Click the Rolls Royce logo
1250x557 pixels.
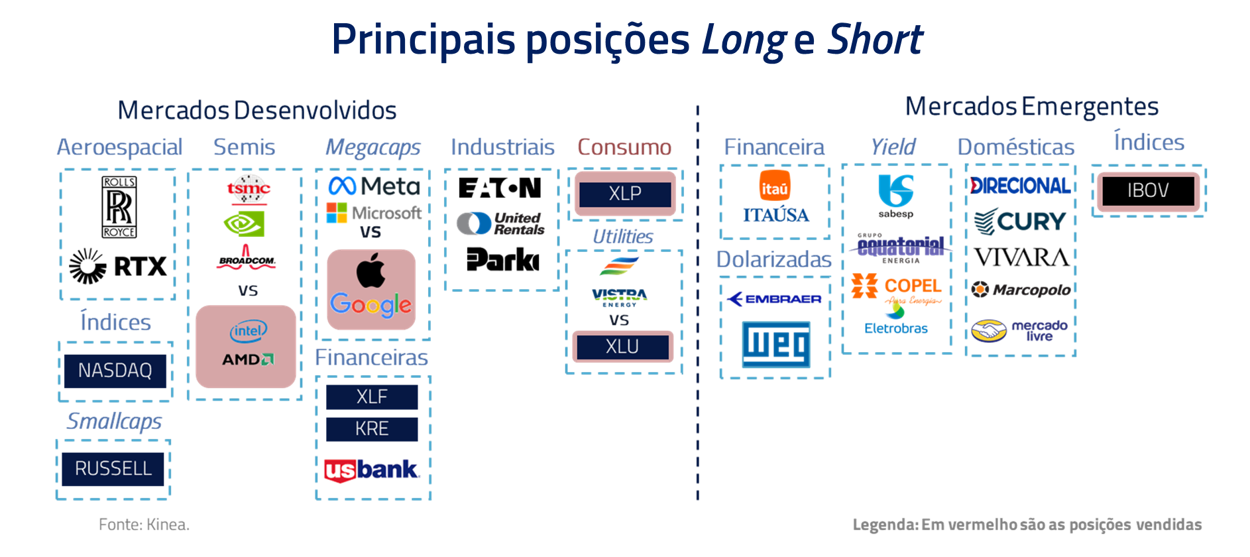[x=119, y=207]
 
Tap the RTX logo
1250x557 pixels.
[x=118, y=267]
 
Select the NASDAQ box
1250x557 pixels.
[x=115, y=371]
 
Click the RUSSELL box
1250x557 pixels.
[x=113, y=469]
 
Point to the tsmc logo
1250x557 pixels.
[x=249, y=190]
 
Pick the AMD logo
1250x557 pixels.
[x=248, y=359]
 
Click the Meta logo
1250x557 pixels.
[x=374, y=186]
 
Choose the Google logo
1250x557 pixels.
[x=371, y=305]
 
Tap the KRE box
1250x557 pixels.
[x=372, y=429]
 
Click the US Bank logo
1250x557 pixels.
[x=372, y=470]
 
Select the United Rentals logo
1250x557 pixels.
[x=501, y=223]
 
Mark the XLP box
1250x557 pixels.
[x=625, y=194]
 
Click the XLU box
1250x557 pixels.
[x=622, y=347]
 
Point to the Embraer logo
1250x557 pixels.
[x=774, y=299]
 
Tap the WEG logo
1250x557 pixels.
[x=776, y=344]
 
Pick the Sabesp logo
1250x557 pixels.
[x=896, y=196]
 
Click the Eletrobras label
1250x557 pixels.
[x=896, y=328]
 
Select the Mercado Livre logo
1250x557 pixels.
[x=1019, y=330]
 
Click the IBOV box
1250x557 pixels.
[x=1149, y=191]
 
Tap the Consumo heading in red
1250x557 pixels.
[x=624, y=147]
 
